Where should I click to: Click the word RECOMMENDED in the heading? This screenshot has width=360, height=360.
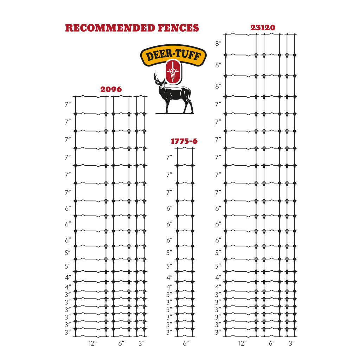[110, 28]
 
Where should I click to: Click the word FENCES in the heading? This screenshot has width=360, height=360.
[178, 28]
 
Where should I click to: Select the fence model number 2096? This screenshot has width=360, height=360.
[111, 89]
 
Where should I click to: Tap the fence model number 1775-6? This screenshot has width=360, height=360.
[184, 141]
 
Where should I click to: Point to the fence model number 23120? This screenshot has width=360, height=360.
[263, 27]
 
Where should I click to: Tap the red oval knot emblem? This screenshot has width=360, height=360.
[174, 72]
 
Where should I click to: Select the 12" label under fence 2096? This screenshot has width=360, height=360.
[92, 343]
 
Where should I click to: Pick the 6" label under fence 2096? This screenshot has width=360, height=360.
[121, 343]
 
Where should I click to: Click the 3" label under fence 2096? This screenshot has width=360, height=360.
[141, 343]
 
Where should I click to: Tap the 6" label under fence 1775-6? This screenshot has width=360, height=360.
[186, 343]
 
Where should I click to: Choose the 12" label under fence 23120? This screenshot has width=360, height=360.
[243, 343]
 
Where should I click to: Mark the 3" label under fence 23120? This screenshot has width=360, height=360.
[291, 343]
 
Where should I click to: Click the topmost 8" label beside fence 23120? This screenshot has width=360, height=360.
[218, 44]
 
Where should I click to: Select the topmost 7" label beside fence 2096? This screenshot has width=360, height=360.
[68, 104]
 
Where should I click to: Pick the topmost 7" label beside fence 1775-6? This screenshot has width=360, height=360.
[169, 157]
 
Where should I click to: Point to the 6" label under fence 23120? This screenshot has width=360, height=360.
[272, 343]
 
